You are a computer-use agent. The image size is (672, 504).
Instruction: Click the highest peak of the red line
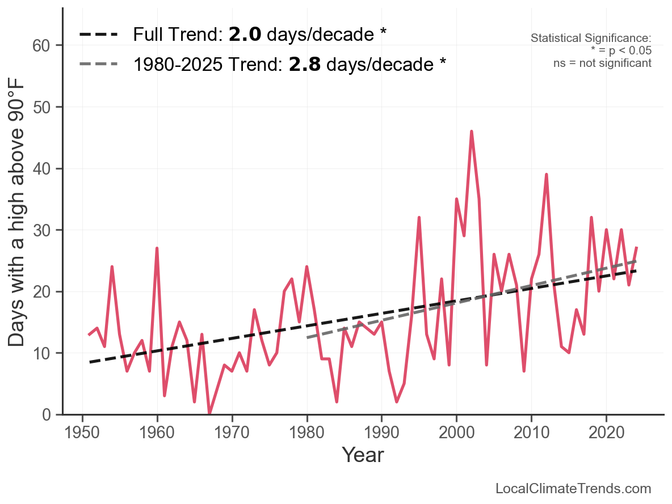click(471, 132)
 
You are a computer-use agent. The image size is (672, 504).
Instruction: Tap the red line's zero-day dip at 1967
click(209, 414)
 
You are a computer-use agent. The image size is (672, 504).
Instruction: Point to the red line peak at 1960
click(157, 248)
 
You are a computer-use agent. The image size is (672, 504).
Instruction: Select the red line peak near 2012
click(546, 175)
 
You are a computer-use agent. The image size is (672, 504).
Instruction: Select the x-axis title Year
click(363, 455)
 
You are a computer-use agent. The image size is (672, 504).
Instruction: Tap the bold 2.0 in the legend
click(245, 35)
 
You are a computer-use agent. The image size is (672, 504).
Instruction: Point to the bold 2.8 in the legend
click(305, 64)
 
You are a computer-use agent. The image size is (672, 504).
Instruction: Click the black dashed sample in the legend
click(98, 35)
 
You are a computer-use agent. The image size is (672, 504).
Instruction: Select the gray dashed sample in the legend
click(98, 63)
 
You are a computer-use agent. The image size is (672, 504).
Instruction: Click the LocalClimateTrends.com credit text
click(573, 489)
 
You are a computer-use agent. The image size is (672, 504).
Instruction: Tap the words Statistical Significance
click(591, 38)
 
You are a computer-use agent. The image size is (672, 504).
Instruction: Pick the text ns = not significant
click(602, 63)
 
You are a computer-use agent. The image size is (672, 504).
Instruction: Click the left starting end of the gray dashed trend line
click(307, 338)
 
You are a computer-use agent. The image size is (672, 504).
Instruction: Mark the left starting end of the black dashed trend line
click(90, 362)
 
